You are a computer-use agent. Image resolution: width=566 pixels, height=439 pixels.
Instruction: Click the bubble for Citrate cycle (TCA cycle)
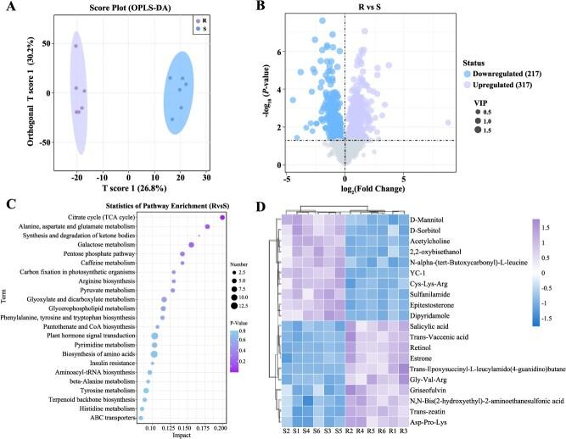(x=221, y=218)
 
